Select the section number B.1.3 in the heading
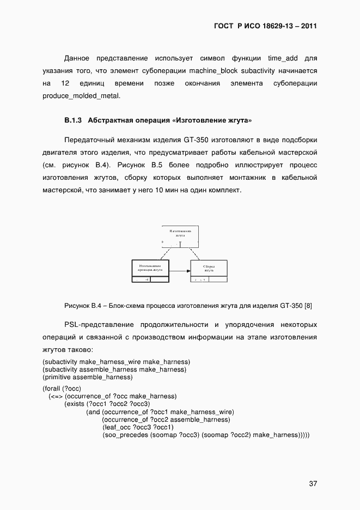tap(72, 119)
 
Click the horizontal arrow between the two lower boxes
tap(179, 271)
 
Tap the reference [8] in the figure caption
tap(308, 306)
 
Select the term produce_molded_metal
tap(81, 96)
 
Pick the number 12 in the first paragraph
tap(65, 83)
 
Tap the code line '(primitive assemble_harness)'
tap(88, 377)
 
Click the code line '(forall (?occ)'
tap(62, 388)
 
